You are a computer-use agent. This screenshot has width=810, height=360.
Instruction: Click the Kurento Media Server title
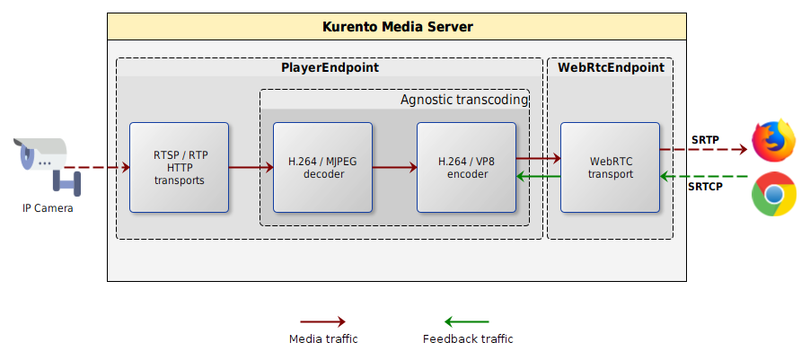click(397, 27)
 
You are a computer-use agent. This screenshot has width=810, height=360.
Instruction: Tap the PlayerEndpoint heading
click(330, 67)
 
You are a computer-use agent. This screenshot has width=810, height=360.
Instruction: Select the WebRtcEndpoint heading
click(611, 67)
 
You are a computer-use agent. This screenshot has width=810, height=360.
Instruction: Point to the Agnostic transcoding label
click(463, 100)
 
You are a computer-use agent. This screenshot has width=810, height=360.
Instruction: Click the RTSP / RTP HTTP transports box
click(179, 167)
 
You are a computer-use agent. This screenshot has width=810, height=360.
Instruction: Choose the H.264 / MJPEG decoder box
click(322, 167)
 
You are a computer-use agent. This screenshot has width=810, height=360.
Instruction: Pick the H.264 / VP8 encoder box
click(466, 167)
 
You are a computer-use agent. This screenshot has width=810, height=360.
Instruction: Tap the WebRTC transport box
click(611, 167)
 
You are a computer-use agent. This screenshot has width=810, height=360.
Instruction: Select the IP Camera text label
click(48, 208)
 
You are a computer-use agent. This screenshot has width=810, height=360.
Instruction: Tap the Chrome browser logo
click(774, 194)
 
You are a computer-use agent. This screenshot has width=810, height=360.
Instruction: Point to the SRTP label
click(705, 140)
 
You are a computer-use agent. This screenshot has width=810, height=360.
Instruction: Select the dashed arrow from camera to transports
click(98, 167)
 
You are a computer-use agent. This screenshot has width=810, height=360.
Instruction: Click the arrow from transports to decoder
click(251, 167)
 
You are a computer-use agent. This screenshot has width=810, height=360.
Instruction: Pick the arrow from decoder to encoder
click(394, 167)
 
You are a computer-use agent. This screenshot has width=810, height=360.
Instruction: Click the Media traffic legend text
click(323, 339)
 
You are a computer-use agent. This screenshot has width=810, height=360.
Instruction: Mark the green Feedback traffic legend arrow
click(467, 321)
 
